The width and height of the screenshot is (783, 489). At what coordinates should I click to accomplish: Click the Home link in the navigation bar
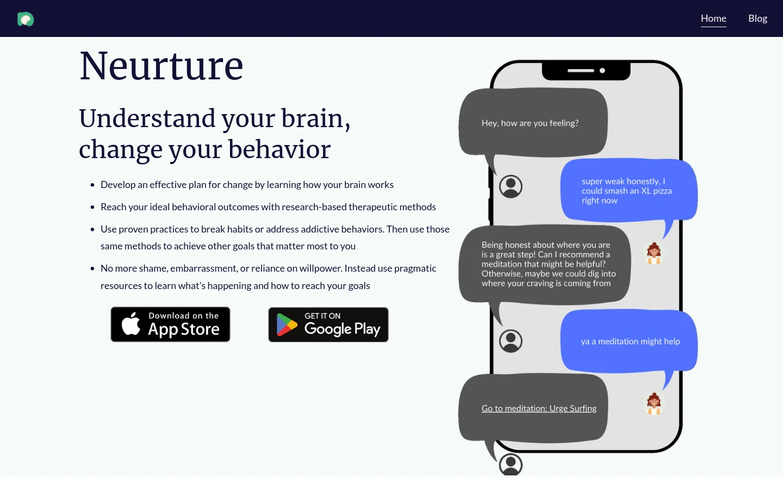pos(713,18)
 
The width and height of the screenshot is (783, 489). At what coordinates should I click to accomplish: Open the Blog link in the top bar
pos(757,18)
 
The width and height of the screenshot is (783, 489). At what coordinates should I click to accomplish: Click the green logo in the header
pos(26,20)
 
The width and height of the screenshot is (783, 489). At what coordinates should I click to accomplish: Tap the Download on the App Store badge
pos(170,324)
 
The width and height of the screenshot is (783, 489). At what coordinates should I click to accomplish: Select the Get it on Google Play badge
pos(328,324)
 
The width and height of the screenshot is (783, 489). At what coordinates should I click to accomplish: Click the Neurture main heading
pos(161,66)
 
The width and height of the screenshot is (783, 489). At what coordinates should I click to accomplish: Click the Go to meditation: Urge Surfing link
pos(539,409)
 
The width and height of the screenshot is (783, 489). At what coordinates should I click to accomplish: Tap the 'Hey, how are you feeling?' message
pos(530,123)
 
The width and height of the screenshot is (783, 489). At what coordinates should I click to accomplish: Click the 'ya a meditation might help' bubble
pos(630,341)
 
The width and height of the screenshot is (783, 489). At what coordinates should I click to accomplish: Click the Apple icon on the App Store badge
pos(131,324)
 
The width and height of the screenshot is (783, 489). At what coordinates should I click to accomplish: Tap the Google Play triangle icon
pos(287,325)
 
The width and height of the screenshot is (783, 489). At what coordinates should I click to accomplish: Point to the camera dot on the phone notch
pos(602,71)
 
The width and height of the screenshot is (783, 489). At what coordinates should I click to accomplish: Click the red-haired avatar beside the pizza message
pos(654,253)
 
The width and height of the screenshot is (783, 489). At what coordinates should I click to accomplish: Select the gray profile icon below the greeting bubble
pos(511,186)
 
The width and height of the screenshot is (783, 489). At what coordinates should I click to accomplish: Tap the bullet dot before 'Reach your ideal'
pos(92,208)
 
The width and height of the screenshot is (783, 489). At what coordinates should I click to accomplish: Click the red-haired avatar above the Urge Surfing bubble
pos(654,404)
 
